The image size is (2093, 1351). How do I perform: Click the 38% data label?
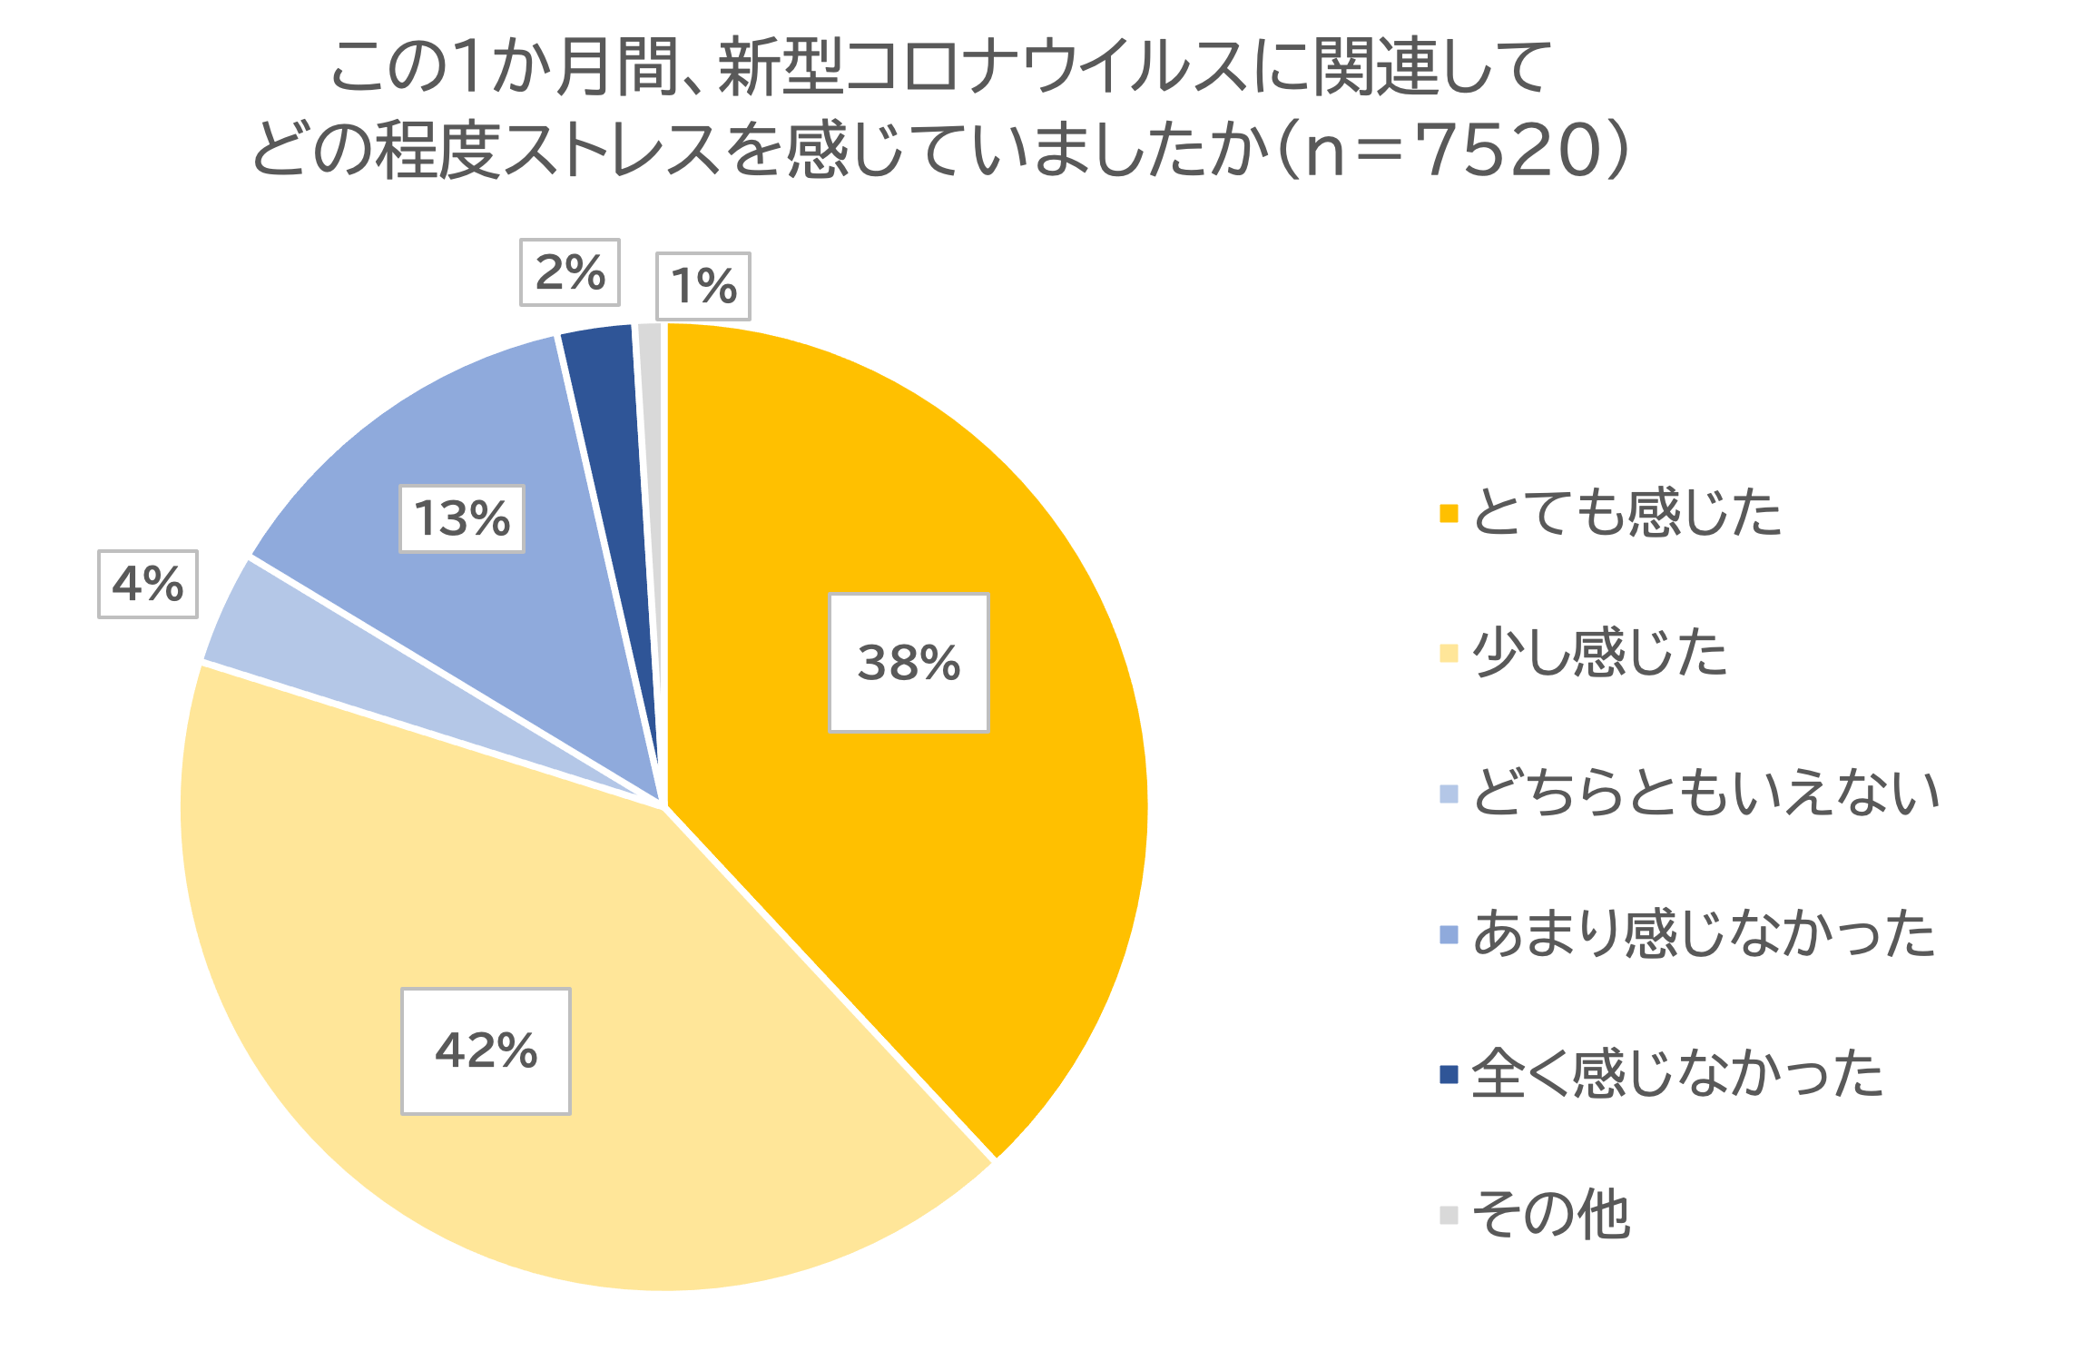pyautogui.click(x=909, y=662)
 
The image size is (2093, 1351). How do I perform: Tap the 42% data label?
pyautogui.click(x=486, y=1050)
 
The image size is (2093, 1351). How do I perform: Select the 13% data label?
pyautogui.click(x=462, y=518)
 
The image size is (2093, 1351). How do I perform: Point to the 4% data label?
pyautogui.click(x=148, y=584)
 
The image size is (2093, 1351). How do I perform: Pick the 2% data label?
pyautogui.click(x=570, y=272)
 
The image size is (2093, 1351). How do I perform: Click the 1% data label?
pyautogui.click(x=703, y=286)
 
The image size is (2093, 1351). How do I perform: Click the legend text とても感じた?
pyautogui.click(x=1626, y=513)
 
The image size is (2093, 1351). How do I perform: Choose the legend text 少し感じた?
pyautogui.click(x=1599, y=653)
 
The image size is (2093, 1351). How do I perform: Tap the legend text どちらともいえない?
pyautogui.click(x=1705, y=793)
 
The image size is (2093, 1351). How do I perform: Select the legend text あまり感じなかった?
pyautogui.click(x=1704, y=933)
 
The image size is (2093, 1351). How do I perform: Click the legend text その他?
pyautogui.click(x=1551, y=1214)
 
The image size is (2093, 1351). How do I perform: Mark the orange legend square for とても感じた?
pyautogui.click(x=1449, y=513)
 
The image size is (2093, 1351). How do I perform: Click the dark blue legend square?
pyautogui.click(x=1449, y=1074)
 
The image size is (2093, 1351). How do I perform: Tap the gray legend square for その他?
pyautogui.click(x=1449, y=1215)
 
